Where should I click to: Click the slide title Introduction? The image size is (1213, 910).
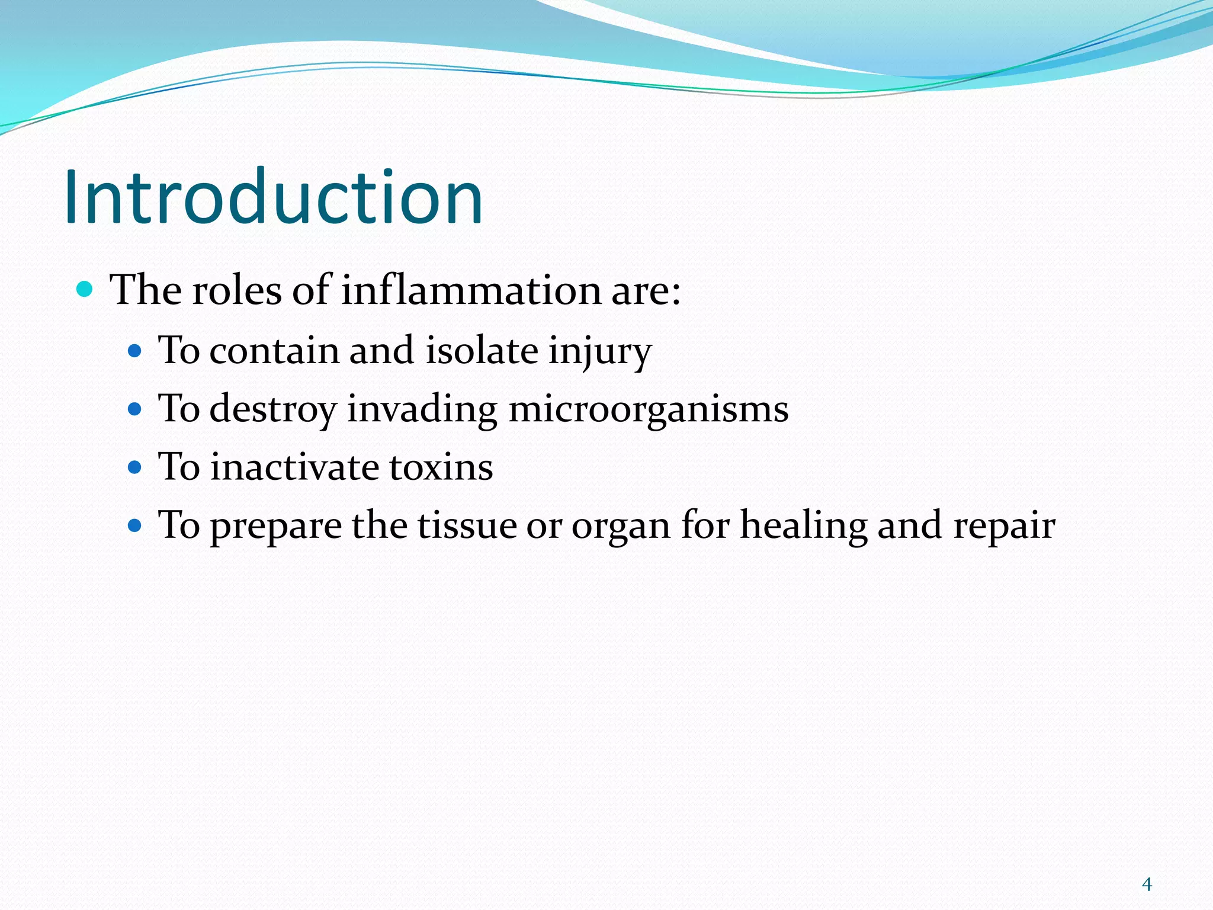tap(274, 197)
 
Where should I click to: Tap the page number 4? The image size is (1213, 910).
tap(1147, 885)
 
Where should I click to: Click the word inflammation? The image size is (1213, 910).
tap(471, 290)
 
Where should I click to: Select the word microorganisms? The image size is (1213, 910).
tap(649, 409)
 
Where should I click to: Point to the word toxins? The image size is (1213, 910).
tap(441, 467)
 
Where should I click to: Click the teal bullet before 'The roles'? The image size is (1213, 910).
tap(85, 290)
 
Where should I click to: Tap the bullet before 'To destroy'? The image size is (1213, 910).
tap(135, 409)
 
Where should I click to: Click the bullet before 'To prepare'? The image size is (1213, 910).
tap(135, 525)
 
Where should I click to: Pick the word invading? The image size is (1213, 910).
tap(422, 409)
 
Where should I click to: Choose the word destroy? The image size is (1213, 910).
tap(273, 409)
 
